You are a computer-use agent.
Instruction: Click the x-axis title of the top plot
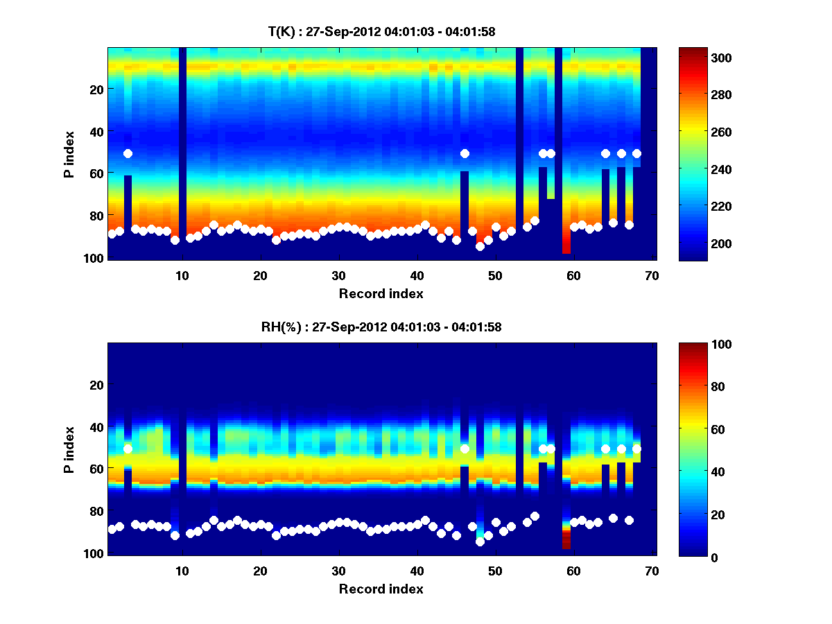(381, 293)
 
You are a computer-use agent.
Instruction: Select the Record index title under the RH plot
(381, 589)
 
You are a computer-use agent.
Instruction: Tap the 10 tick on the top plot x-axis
(182, 275)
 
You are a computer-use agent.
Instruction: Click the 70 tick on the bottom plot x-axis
(651, 571)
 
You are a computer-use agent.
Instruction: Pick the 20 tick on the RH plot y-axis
(96, 385)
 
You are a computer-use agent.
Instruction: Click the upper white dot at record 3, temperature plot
(128, 153)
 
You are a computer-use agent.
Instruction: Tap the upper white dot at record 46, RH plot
(465, 449)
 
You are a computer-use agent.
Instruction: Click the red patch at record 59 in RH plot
(566, 540)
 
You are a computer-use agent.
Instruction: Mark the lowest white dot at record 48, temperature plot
(480, 246)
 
